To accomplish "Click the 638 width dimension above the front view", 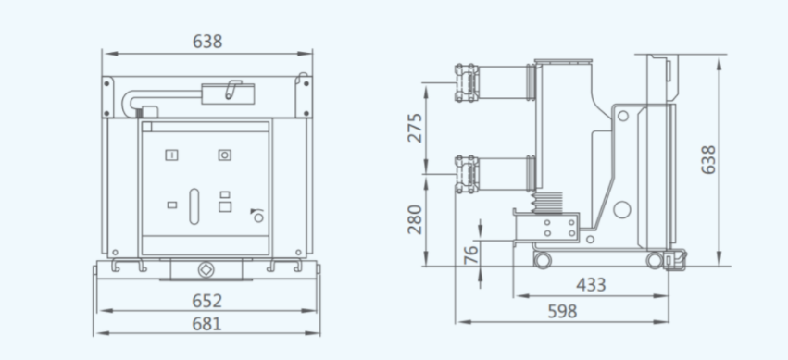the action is (x=207, y=41).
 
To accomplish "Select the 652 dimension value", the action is (x=207, y=301).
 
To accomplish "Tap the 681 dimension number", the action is (x=207, y=324).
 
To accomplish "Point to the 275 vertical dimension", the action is (x=415, y=128).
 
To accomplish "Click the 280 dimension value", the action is (x=415, y=219).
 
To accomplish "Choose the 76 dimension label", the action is (x=471, y=254).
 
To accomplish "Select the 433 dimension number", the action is (x=591, y=285).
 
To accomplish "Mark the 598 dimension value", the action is (x=562, y=311).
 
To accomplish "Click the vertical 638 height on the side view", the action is (x=708, y=160).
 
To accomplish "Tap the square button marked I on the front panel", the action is (x=172, y=155).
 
